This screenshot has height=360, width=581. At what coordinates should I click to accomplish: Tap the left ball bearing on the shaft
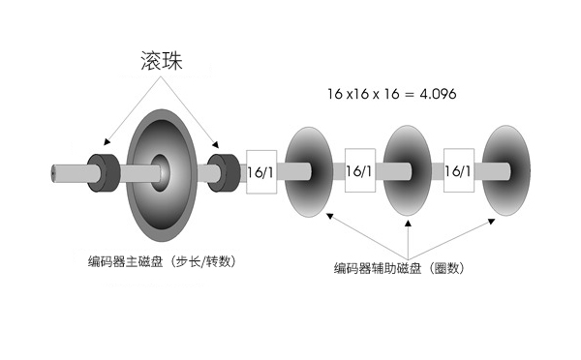[x=103, y=171]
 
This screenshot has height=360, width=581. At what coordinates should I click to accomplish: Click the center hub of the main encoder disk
[x=163, y=170]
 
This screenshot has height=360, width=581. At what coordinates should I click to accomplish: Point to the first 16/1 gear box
[x=261, y=171]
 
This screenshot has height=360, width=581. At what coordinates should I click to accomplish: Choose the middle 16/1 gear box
[x=359, y=171]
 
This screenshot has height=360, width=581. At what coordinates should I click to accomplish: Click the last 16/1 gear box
[x=458, y=171]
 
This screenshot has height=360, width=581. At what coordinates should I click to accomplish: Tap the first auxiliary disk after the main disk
[x=308, y=171]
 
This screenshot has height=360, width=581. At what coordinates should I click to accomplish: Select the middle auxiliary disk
[x=408, y=171]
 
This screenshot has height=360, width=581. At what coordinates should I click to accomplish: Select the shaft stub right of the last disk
[x=532, y=172]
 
